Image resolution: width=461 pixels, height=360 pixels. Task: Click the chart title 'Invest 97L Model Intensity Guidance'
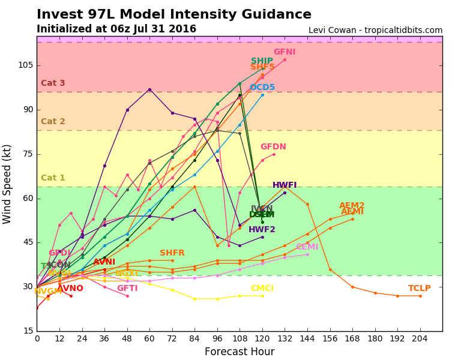point(174,15)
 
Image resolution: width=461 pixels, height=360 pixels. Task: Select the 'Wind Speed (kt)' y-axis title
point(7,184)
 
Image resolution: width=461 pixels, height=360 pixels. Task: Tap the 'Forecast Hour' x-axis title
point(240,352)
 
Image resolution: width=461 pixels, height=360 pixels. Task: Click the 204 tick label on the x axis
point(420,338)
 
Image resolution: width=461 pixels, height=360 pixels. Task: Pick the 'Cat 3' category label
point(53,83)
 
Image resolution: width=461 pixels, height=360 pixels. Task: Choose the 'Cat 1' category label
point(53,178)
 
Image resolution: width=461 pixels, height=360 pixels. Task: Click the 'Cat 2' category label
point(53,122)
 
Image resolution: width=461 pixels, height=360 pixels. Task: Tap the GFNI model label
point(285,52)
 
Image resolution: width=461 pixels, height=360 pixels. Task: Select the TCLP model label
point(420,289)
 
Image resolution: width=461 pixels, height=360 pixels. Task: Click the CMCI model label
point(262,289)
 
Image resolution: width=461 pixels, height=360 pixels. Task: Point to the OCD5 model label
point(262,88)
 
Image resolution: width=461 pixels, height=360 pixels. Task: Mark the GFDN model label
point(273,147)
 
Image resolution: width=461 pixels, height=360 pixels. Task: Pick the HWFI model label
point(285,185)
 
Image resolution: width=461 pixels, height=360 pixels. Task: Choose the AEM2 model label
point(352,206)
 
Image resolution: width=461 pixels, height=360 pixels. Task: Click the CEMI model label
point(307,247)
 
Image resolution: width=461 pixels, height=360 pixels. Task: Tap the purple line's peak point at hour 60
point(149,89)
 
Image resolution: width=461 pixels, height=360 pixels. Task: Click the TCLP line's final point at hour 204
point(420,296)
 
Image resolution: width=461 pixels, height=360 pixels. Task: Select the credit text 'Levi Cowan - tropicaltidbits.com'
point(375,31)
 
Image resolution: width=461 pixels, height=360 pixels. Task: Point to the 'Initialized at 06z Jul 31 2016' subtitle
point(116,29)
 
